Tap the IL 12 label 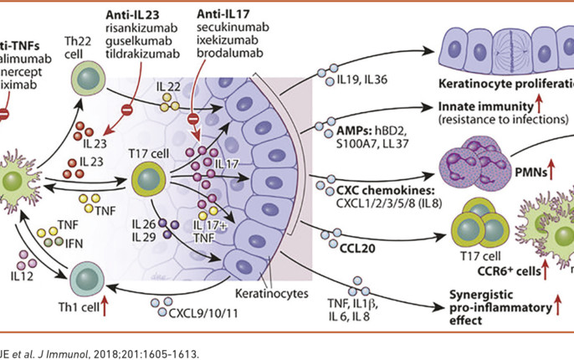pyautogui.click(x=22, y=272)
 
